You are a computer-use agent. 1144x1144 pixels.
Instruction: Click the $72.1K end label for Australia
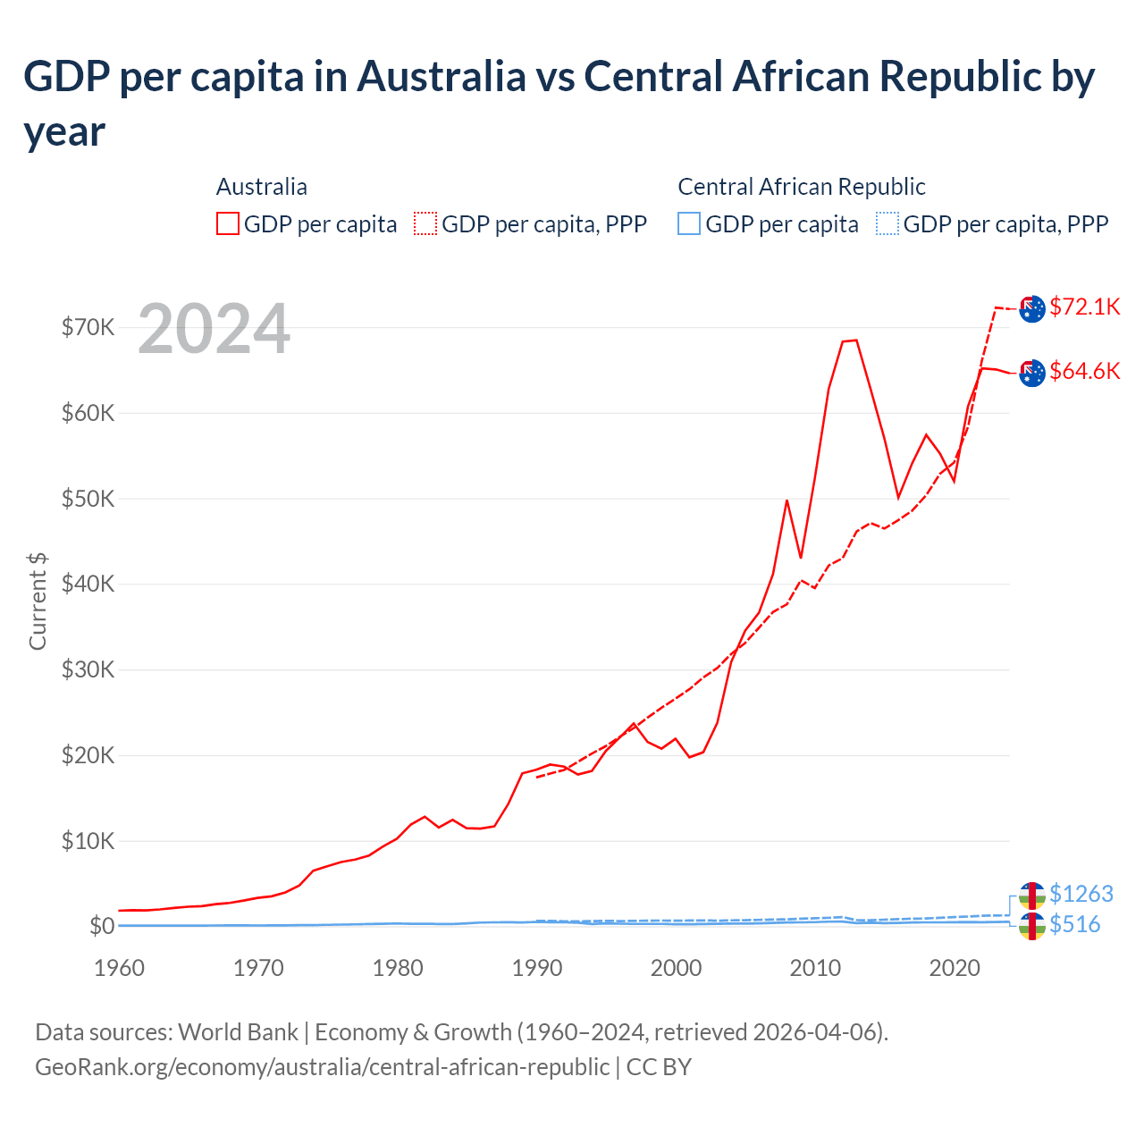coord(1084,307)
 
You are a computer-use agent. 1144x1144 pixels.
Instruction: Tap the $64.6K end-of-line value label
coord(1084,372)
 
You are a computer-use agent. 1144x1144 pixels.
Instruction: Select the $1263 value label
coord(1081,894)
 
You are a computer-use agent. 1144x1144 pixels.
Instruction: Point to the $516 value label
coord(1074,925)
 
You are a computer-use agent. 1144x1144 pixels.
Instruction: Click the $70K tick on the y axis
coord(88,328)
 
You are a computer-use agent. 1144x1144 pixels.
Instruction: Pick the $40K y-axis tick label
coord(88,585)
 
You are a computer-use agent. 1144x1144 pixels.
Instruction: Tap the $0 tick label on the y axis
coord(101,927)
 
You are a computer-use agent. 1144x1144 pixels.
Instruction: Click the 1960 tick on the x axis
coord(119,969)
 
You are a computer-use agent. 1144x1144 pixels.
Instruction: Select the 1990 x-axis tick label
coord(536,969)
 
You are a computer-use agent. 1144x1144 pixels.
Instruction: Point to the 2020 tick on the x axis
coord(955,969)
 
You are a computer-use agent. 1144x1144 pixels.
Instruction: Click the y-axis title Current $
coord(38,601)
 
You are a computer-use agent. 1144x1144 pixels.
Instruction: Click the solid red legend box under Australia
coord(228,224)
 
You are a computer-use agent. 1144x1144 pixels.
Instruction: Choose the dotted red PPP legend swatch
coord(426,224)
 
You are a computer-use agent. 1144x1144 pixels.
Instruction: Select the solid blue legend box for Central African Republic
coord(689,224)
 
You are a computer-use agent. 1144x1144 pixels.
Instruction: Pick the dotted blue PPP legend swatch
coord(887,224)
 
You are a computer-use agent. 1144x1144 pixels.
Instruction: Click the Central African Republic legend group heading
coord(801,187)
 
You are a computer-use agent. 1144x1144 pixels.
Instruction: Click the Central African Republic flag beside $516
coord(1032,927)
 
